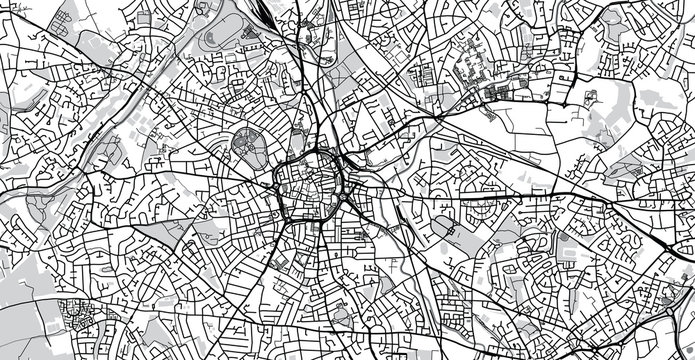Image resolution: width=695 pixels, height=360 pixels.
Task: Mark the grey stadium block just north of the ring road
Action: tap(298, 139)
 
